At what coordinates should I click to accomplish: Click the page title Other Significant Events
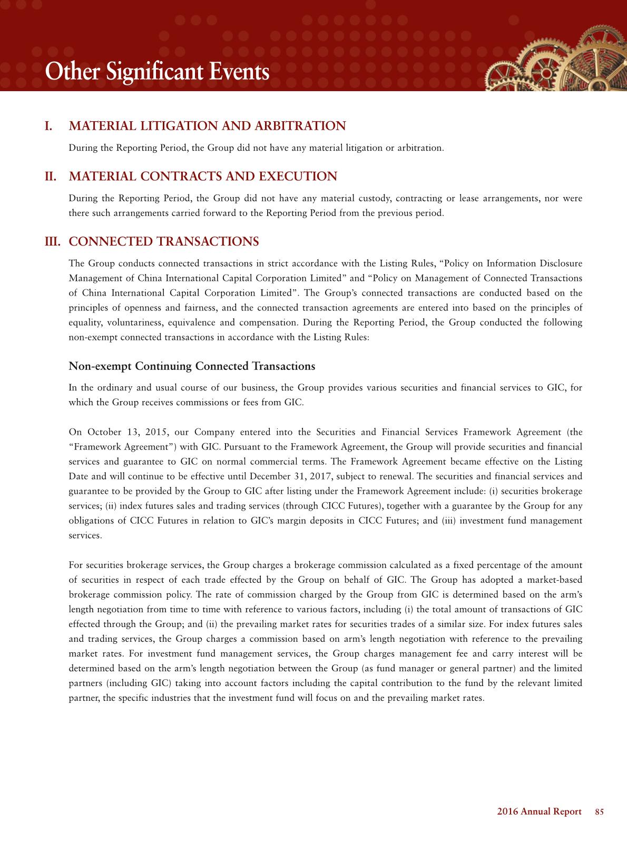157,72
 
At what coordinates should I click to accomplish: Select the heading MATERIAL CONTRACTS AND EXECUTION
203,176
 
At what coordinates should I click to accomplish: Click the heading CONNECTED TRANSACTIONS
164,241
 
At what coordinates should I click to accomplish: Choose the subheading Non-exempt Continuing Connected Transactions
192,366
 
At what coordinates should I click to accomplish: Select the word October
104,432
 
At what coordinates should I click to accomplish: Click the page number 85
599,811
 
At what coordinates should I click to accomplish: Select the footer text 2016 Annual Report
539,811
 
